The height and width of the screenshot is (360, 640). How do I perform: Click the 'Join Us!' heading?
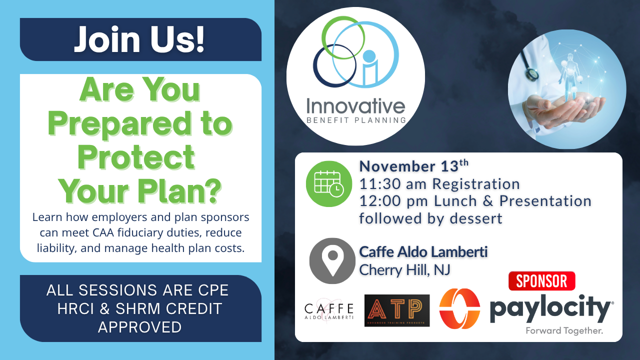click(x=139, y=39)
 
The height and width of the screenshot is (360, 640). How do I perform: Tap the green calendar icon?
click(x=329, y=183)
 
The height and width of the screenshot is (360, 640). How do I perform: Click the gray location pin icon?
click(x=332, y=261)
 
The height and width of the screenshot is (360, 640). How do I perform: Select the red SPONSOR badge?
click(x=541, y=281)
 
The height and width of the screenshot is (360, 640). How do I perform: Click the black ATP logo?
click(x=397, y=310)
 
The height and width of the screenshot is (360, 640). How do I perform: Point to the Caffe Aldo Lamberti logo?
click(x=329, y=311)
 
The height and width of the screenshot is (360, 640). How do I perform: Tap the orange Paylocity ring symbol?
click(x=459, y=308)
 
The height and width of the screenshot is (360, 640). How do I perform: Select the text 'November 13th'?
click(x=413, y=166)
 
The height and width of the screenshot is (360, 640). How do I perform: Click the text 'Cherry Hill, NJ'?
click(x=404, y=270)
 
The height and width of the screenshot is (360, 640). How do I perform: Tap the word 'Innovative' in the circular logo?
click(x=355, y=106)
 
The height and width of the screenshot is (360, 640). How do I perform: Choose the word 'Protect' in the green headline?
click(x=136, y=157)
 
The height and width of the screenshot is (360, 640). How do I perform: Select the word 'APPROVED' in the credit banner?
click(x=139, y=327)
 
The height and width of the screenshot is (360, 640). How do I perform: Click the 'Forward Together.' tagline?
click(x=564, y=331)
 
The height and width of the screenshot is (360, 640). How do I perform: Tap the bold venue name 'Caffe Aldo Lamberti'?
click(x=423, y=252)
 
